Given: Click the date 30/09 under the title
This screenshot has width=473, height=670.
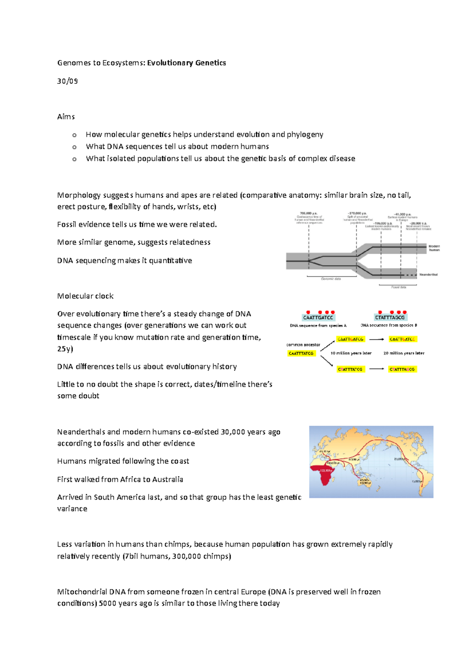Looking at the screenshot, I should [67, 81].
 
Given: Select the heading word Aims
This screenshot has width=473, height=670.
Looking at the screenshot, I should [66, 116].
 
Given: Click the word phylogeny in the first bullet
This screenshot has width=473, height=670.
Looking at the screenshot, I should [305, 134].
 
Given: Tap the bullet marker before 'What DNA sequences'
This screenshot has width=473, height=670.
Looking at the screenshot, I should [74, 147].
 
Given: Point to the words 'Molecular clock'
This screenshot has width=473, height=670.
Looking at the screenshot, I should [85, 296].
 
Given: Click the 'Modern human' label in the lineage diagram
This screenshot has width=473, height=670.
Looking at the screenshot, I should [434, 248].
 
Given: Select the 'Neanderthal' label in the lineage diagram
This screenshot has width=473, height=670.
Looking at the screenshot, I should [428, 274].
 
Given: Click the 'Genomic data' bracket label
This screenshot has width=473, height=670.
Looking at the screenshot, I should [331, 279].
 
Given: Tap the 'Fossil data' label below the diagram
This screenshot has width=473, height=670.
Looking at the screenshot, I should [399, 287].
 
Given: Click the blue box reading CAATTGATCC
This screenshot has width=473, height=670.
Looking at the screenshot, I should [318, 317].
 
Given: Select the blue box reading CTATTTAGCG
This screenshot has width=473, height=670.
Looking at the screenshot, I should [389, 317].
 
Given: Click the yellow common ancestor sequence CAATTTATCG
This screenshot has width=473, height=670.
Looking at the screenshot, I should [301, 353].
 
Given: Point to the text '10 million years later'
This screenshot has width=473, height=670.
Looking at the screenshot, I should [351, 353].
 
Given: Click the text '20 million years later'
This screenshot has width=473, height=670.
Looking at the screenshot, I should [404, 353].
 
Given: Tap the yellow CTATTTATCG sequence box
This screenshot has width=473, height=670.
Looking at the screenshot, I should [350, 369].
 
